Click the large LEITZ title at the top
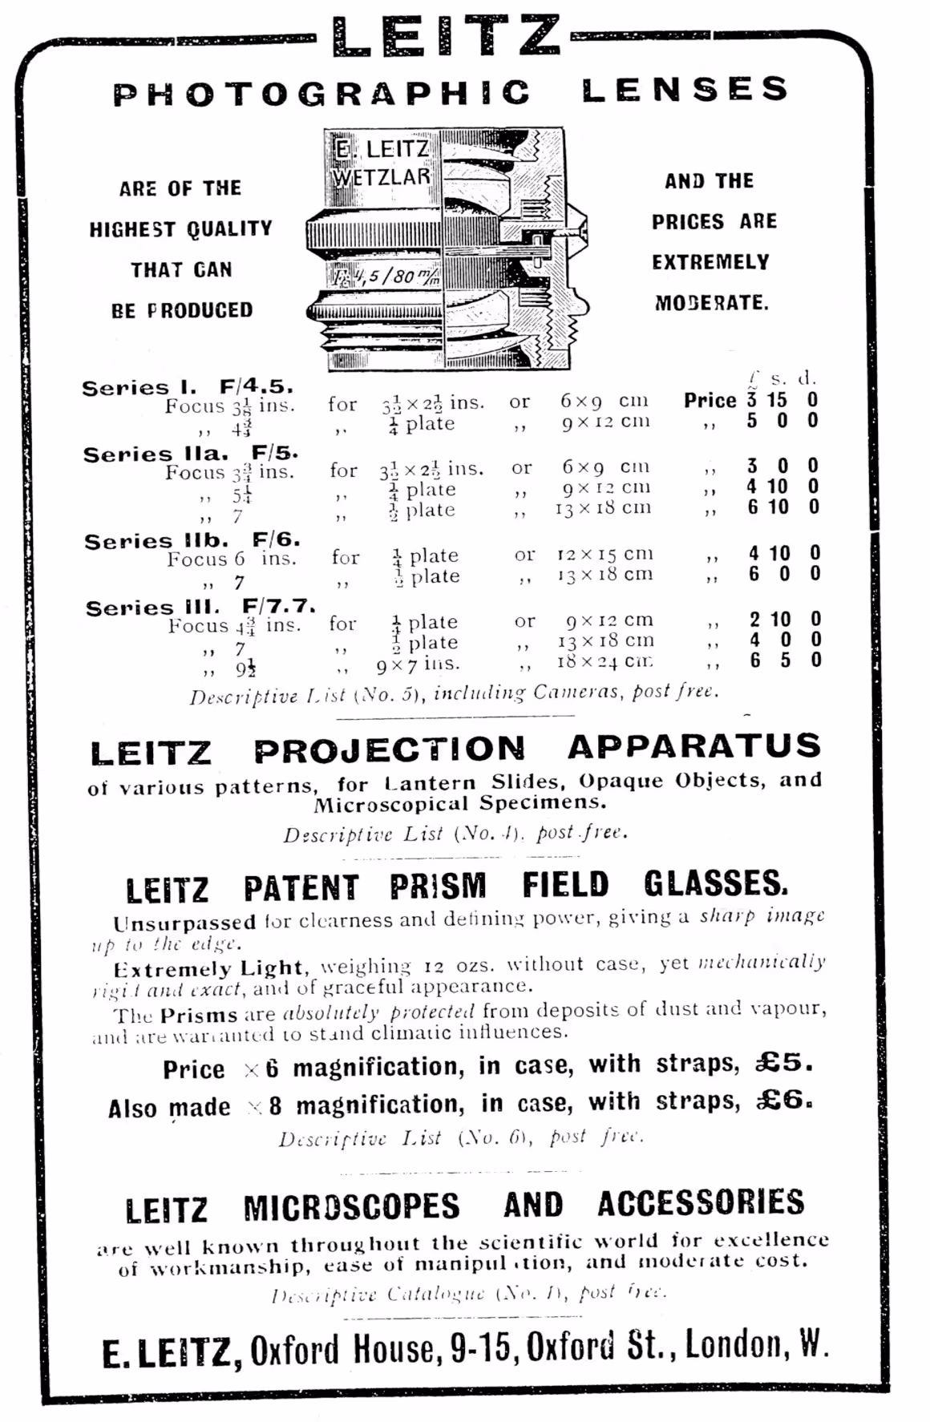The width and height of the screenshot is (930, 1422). (x=446, y=36)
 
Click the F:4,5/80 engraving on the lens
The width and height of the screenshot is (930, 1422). (x=386, y=277)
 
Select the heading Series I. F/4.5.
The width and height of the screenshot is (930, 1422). (x=188, y=387)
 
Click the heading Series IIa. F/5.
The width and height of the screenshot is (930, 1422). (x=190, y=454)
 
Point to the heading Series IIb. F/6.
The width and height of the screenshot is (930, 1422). (x=192, y=541)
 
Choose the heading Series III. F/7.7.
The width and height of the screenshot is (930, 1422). (x=200, y=607)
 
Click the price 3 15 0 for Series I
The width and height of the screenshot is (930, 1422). (x=782, y=400)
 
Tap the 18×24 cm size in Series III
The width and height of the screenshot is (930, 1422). (x=605, y=661)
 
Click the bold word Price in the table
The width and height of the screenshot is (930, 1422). (x=710, y=400)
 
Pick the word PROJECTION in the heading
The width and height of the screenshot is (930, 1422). (x=390, y=750)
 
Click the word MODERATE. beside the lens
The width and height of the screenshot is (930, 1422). (x=711, y=303)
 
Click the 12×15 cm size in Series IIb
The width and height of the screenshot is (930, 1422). (x=605, y=554)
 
